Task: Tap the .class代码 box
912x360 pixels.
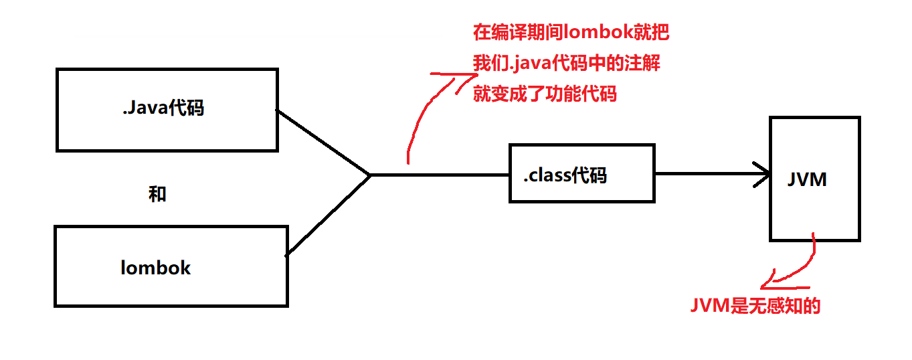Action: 581,190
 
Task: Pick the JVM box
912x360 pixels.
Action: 814,207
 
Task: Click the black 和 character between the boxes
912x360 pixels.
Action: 157,195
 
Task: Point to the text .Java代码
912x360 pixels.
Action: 163,108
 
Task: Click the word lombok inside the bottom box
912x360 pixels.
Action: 156,268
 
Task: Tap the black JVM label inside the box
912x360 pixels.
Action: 808,179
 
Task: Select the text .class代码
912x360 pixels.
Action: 565,176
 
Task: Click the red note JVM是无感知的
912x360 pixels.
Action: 755,306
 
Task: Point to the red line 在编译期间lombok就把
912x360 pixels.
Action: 571,32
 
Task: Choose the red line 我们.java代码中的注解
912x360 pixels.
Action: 567,64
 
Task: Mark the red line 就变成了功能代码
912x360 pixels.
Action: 545,94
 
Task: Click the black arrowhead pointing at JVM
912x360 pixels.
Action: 763,175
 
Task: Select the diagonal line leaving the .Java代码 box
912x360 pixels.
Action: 323,142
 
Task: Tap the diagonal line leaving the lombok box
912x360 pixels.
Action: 328,214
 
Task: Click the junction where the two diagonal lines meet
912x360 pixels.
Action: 369,175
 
